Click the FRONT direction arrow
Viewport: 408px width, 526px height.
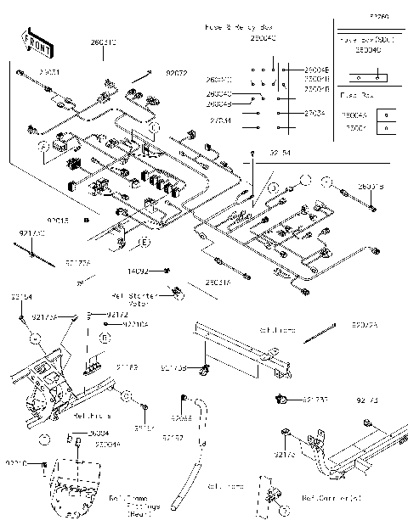pos(35,42)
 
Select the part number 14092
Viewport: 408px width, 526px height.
pos(138,271)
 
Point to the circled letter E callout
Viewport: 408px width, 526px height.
pos(145,243)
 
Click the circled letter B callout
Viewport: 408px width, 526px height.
pos(105,338)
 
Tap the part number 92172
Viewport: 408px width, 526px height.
pos(117,315)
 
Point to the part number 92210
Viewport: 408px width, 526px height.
pos(16,463)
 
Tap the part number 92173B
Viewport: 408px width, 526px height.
pos(175,367)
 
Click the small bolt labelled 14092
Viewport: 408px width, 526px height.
pos(167,271)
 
